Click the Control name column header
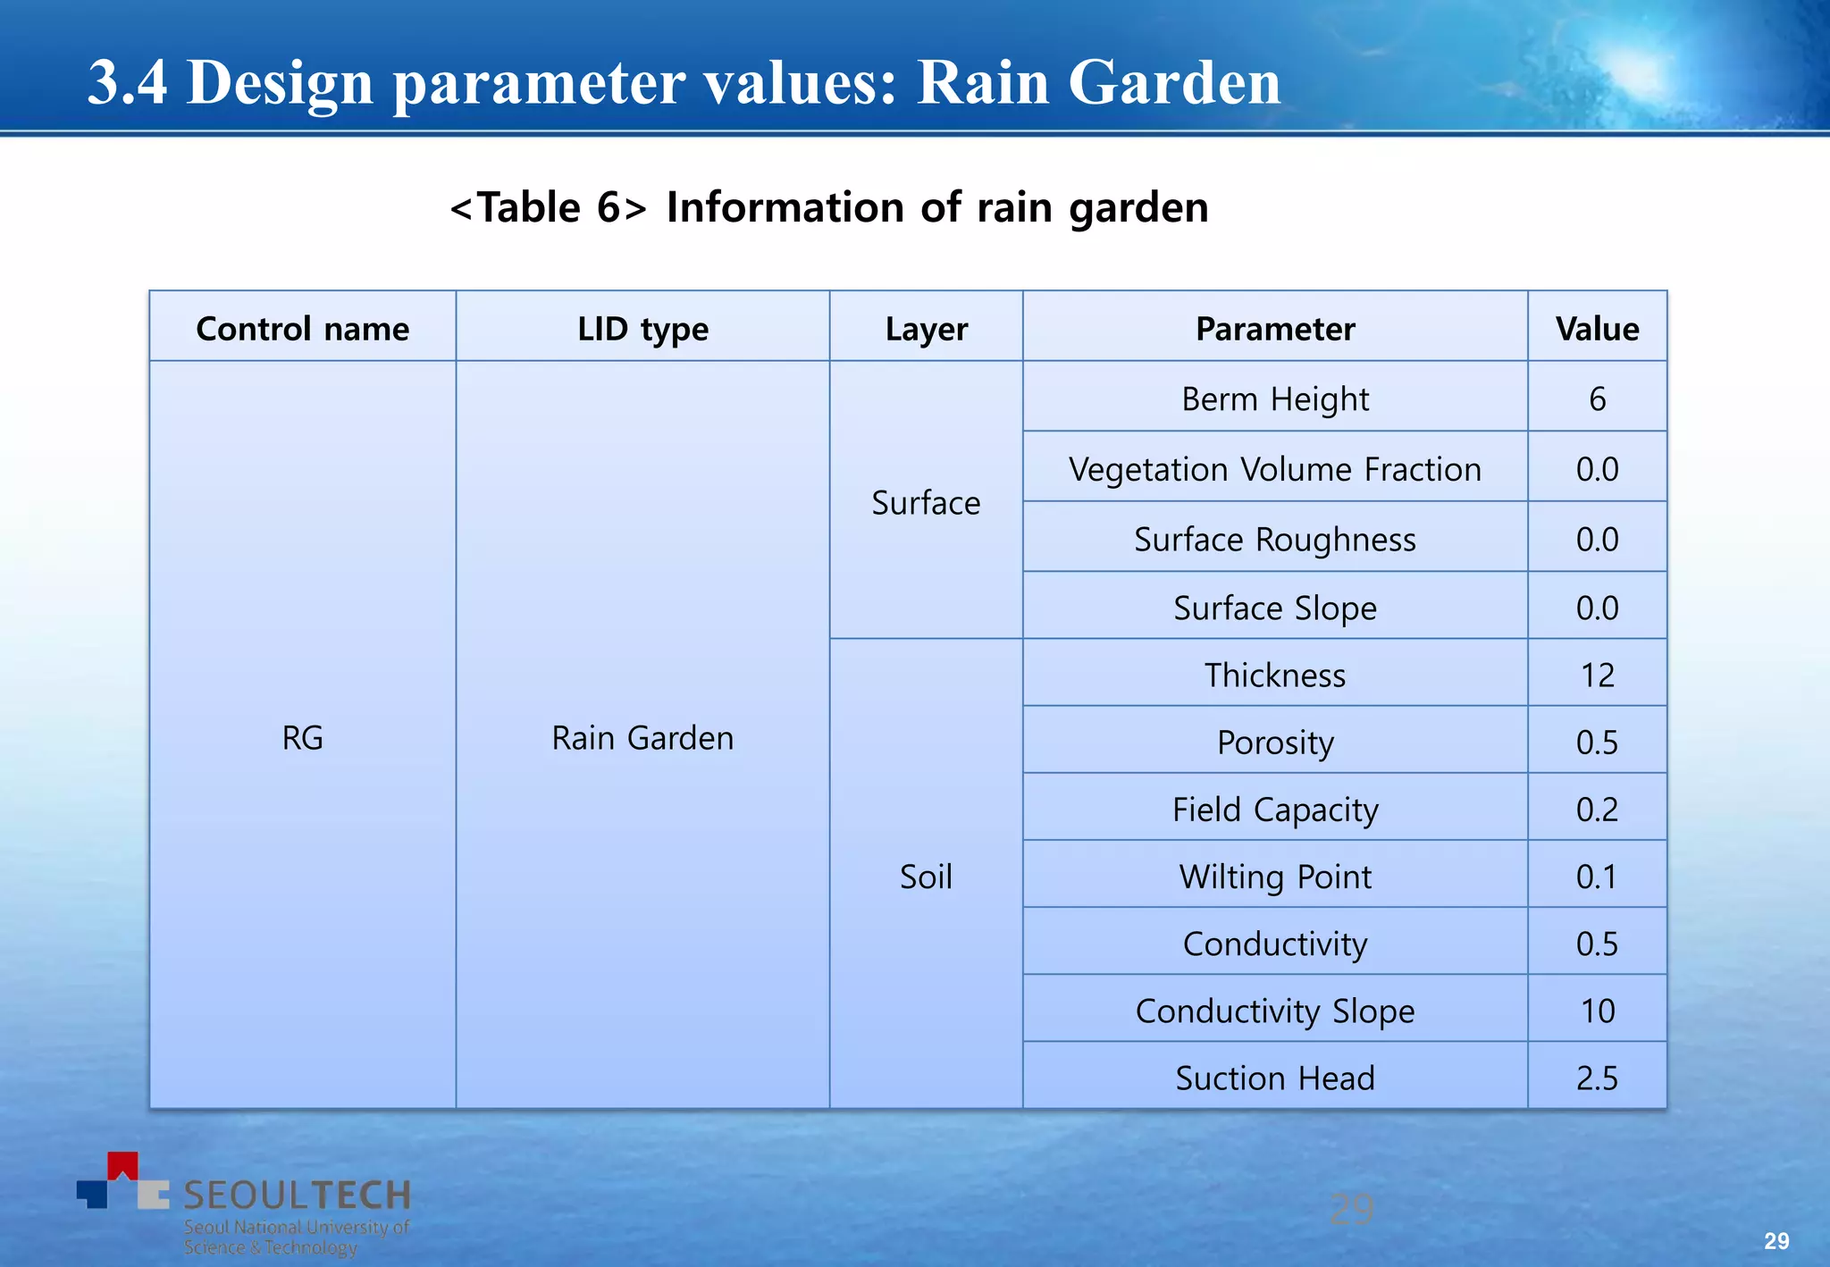tap(302, 329)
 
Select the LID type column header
tap(642, 329)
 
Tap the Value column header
tap(1597, 329)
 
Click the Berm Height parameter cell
tap(1275, 399)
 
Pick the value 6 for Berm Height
tap(1597, 399)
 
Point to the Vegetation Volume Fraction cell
tap(1275, 469)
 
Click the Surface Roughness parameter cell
tap(1275, 540)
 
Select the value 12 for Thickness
tap(1597, 675)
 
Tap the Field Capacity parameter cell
tap(1275, 810)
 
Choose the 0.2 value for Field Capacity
tap(1597, 810)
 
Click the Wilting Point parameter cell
tap(1275, 877)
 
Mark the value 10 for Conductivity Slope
tap(1597, 1011)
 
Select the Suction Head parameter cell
tap(1275, 1078)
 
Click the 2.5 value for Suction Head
tap(1597, 1078)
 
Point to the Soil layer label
tap(926, 877)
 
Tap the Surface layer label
tap(926, 503)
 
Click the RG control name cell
tap(302, 738)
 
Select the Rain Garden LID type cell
tap(642, 738)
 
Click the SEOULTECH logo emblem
tap(123, 1182)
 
